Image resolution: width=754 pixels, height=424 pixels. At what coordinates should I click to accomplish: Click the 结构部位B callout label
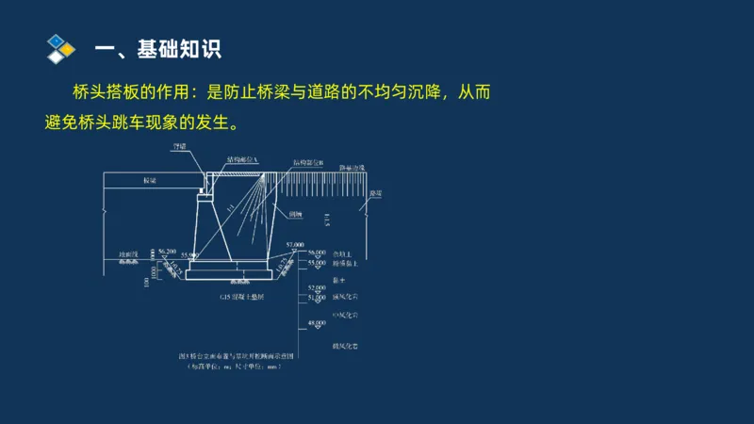point(308,163)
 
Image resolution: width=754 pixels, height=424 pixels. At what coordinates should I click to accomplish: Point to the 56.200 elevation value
point(168,252)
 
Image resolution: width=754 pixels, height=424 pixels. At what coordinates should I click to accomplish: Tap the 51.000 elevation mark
point(315,298)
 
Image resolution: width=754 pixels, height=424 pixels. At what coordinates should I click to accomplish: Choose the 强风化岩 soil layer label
point(346,296)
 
